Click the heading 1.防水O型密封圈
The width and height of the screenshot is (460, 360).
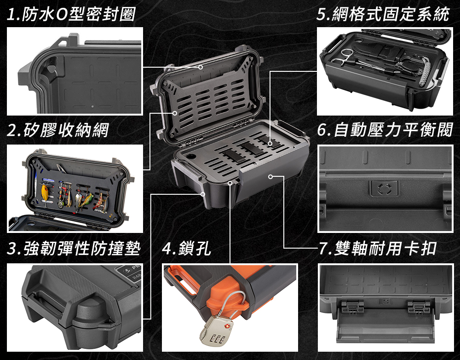tap(70, 14)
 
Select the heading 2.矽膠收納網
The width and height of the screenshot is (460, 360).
tap(58, 130)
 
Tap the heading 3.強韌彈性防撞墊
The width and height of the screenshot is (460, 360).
tap(74, 249)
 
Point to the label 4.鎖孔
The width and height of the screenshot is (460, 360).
tap(186, 249)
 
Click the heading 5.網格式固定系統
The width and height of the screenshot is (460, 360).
tap(383, 14)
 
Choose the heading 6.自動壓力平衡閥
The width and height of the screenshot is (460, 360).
tap(385, 130)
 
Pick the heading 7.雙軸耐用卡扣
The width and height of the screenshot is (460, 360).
tap(378, 249)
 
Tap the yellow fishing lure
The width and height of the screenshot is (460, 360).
tap(45, 192)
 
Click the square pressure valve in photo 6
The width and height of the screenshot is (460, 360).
tap(384, 188)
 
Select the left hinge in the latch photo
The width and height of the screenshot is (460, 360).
tap(352, 308)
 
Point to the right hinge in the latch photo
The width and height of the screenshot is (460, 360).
tap(419, 308)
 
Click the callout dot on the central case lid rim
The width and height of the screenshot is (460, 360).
tap(201, 67)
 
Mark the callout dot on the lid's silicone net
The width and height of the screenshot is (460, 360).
tap(175, 113)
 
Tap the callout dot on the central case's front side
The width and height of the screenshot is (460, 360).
tap(270, 176)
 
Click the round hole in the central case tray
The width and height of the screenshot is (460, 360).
tap(191, 156)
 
